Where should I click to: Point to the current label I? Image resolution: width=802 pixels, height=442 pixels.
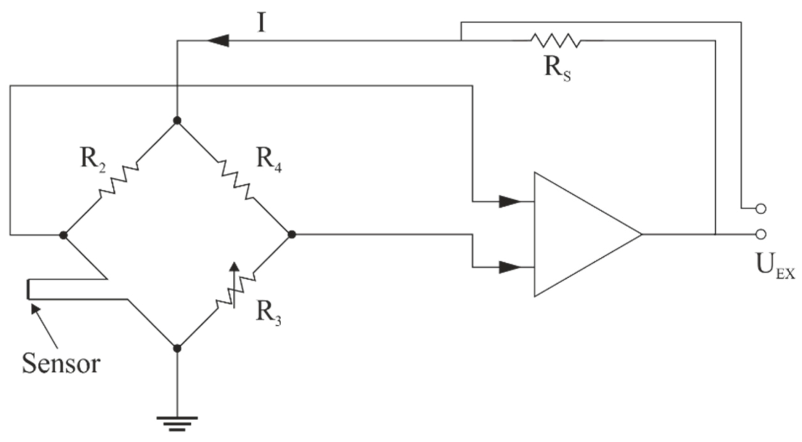[261, 22]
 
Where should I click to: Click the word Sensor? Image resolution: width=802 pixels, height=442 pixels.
[61, 364]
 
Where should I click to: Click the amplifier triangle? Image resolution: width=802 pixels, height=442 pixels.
[580, 234]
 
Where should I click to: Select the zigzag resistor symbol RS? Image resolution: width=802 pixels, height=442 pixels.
[556, 41]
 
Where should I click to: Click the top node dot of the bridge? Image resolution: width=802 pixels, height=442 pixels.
[177, 120]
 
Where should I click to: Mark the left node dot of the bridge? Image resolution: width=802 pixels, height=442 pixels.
[63, 235]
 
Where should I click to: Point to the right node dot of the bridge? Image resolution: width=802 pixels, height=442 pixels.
[292, 234]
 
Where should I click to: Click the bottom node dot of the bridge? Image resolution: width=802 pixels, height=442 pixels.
[177, 348]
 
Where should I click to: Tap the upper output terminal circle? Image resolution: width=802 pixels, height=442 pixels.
[760, 208]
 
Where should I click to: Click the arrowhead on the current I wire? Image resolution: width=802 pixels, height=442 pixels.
[218, 41]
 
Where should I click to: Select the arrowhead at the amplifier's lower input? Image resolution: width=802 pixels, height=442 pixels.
[509, 267]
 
